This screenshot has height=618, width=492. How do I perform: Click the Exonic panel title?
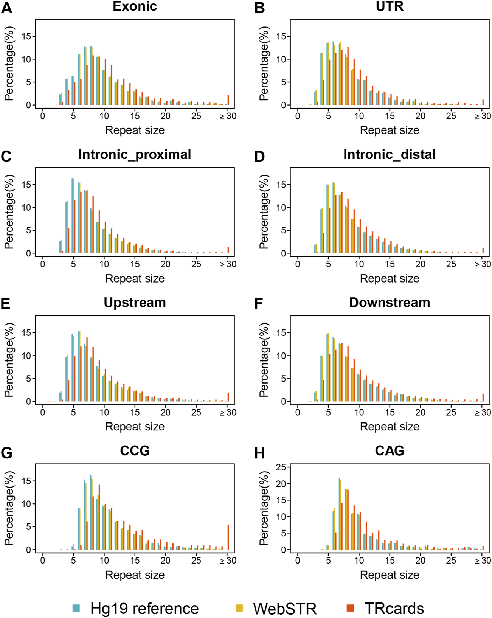tap(135, 6)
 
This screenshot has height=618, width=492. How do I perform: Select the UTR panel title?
tap(390, 6)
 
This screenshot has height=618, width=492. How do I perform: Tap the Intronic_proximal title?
tap(135, 155)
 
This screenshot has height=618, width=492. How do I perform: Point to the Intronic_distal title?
tap(390, 155)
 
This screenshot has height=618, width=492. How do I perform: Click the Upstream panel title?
tap(135, 303)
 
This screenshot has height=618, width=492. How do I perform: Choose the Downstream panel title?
tap(390, 303)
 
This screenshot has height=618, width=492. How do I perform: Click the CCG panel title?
tap(135, 451)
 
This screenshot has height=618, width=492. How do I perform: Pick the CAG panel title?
tap(390, 451)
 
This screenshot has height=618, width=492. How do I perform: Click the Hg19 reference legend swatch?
tap(76, 608)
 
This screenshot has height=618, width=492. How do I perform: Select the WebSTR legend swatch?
tap(239, 608)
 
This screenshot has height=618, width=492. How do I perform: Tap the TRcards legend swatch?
tap(350, 608)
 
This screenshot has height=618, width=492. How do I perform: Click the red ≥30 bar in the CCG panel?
tap(228, 537)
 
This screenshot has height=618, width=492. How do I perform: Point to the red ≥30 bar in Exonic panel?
tap(228, 100)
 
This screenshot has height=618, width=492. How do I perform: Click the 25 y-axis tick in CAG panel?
tap(281, 467)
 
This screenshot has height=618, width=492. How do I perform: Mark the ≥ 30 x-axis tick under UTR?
tap(483, 116)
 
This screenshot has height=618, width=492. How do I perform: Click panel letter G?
tap(7, 453)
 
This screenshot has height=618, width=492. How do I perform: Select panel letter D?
tap(259, 157)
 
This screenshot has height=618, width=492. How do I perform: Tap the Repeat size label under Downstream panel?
tap(390, 427)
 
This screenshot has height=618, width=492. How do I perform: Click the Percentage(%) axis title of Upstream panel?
tap(9, 360)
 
